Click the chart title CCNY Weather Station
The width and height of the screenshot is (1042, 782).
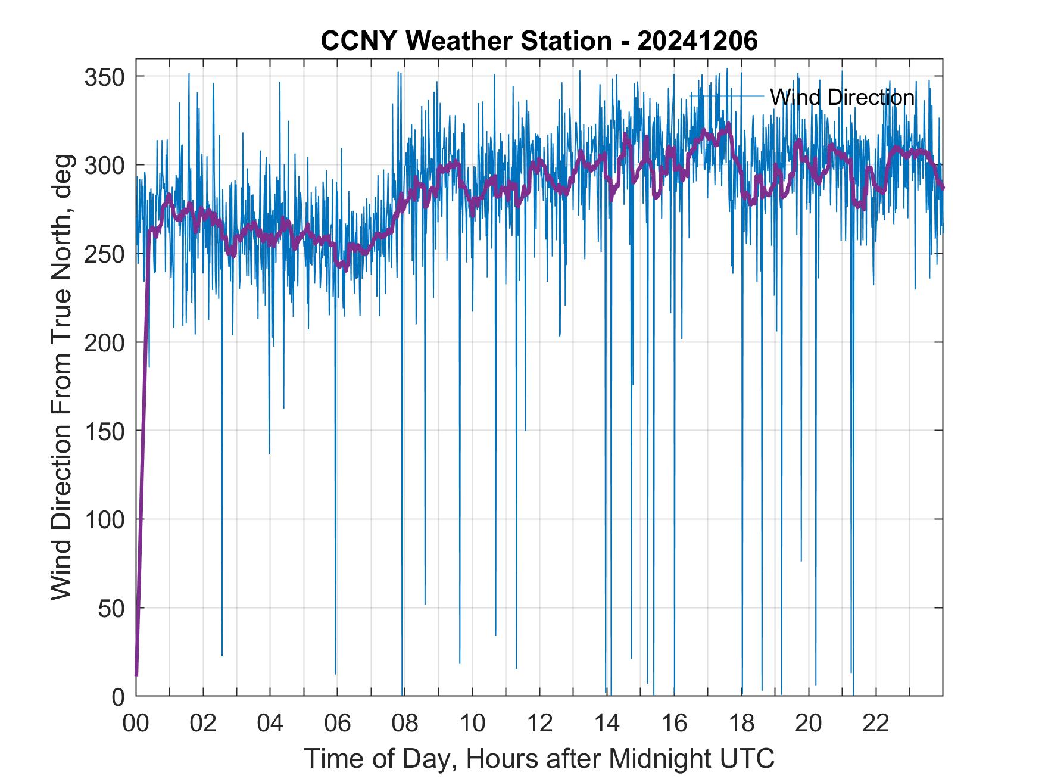point(466,41)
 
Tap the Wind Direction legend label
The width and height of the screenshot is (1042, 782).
point(842,97)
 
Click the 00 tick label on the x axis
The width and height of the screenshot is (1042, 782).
point(136,724)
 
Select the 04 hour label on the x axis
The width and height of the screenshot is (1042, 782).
point(270,724)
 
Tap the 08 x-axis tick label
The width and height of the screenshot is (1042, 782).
point(405,724)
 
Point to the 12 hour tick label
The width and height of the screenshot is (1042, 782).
point(539,724)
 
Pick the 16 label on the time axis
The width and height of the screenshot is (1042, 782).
point(674,724)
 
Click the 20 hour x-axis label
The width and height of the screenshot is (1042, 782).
point(809,724)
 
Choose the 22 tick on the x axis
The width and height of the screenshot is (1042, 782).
point(876,724)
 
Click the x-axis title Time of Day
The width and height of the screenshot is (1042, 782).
point(539,759)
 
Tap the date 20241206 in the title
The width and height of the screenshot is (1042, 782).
point(697,41)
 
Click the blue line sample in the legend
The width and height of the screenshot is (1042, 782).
point(726,95)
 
